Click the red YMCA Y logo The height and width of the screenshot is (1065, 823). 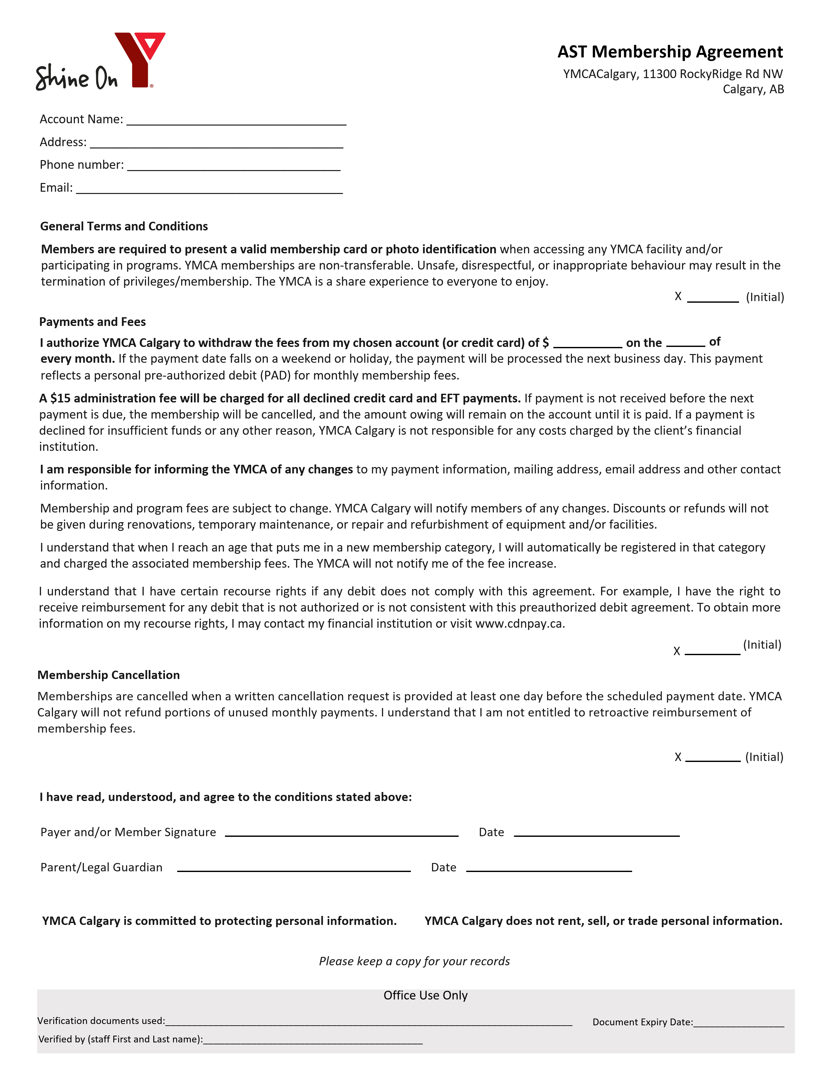pyautogui.click(x=140, y=58)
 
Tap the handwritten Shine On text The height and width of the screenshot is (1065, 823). pyautogui.click(x=76, y=77)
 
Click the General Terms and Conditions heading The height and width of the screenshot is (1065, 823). pyautogui.click(x=124, y=226)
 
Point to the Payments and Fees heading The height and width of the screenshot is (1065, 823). pyautogui.click(x=92, y=322)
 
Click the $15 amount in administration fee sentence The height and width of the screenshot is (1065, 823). pyautogui.click(x=60, y=398)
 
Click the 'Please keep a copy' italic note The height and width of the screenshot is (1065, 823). pyautogui.click(x=414, y=961)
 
